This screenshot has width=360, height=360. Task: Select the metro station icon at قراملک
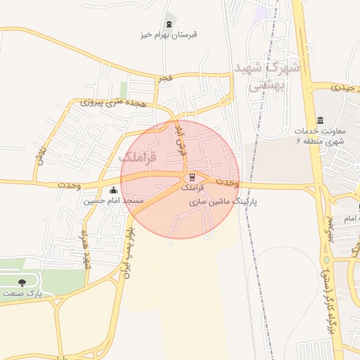pos(191,177)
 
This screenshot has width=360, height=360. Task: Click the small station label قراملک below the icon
pos(191,188)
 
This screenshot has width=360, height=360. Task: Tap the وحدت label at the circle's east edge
pos(229,183)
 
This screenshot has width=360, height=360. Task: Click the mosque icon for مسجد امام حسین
pos(114,190)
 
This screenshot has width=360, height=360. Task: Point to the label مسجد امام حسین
pos(114,201)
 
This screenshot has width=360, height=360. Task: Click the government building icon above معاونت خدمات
pos(321,120)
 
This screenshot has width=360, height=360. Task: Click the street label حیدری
pos(335,87)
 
